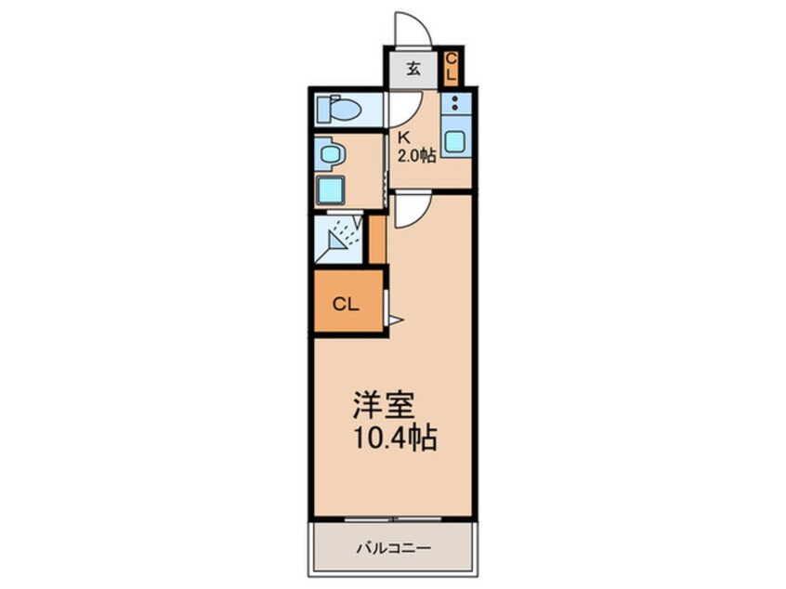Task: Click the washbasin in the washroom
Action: point(328,153)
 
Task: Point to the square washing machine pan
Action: point(330,190)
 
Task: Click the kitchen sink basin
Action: point(455,142)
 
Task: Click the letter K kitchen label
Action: point(403,137)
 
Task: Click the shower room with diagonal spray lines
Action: point(340,238)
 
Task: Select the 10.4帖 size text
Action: point(394,438)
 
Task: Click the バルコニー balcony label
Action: point(393,548)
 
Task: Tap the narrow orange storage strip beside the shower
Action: point(376,238)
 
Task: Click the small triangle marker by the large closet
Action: point(393,321)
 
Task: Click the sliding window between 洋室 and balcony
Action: point(393,517)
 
